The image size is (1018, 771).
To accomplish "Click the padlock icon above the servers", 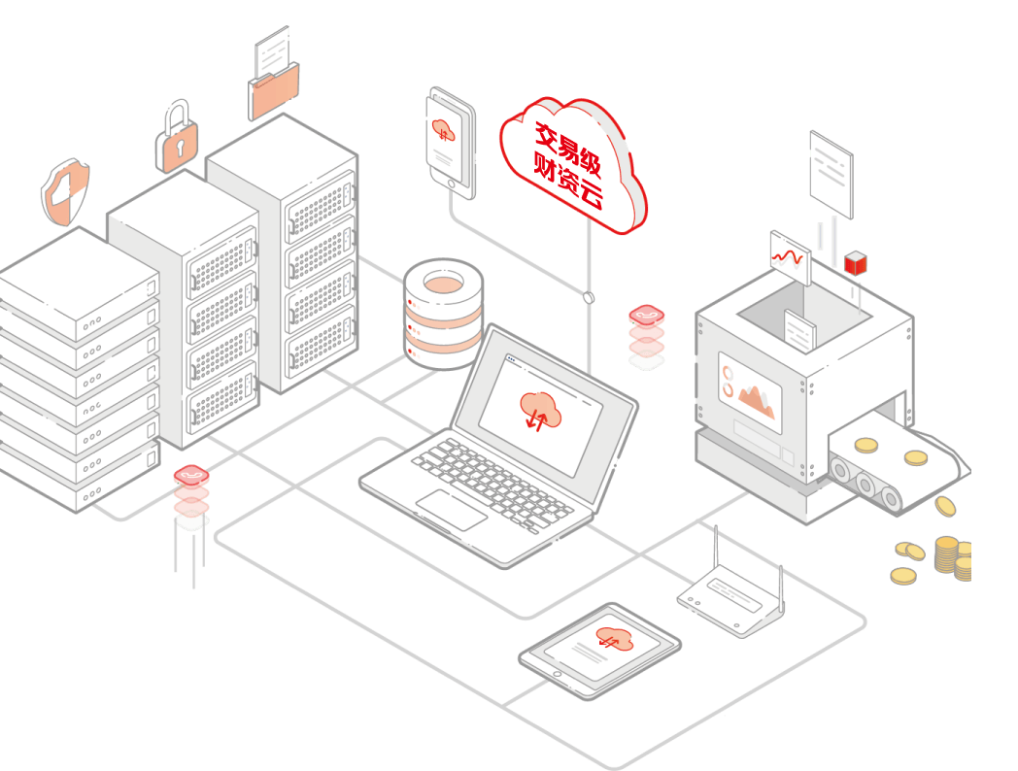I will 178,137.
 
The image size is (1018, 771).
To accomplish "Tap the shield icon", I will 65,191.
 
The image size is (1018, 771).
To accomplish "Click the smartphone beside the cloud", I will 451,142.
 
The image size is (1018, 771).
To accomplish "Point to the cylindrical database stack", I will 443,313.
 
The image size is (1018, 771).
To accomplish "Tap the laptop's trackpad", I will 452,509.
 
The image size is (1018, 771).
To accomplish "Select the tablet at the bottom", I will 599,649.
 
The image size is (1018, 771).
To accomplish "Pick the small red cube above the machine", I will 856,262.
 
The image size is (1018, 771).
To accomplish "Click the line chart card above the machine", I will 790,256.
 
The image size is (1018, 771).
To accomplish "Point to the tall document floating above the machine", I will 831,174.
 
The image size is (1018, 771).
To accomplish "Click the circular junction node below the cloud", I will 588,296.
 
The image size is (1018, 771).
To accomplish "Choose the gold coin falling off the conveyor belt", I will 944,506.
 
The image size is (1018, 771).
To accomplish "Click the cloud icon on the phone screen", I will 443,130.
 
